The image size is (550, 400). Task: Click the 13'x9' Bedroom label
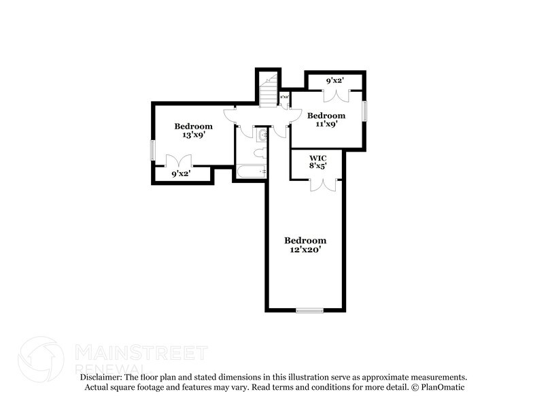coord(193,131)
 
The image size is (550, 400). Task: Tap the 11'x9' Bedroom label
coord(326,120)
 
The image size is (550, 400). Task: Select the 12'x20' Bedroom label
coord(305,245)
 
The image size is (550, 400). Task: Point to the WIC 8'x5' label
coord(317,161)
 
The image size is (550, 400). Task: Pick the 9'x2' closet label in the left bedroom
coord(180,174)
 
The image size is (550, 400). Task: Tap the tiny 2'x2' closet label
coord(284,97)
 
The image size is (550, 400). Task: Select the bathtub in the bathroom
coord(250,172)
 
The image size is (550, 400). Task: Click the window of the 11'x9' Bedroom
coord(364,111)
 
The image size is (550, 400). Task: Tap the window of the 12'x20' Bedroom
coord(309,310)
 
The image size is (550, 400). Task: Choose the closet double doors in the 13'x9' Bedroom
coord(179,161)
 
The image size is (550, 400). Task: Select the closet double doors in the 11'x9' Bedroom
coord(336,95)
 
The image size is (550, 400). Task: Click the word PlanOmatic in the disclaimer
coord(446,387)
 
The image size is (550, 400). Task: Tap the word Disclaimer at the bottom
coord(105,377)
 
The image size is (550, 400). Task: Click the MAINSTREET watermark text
coord(141,352)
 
